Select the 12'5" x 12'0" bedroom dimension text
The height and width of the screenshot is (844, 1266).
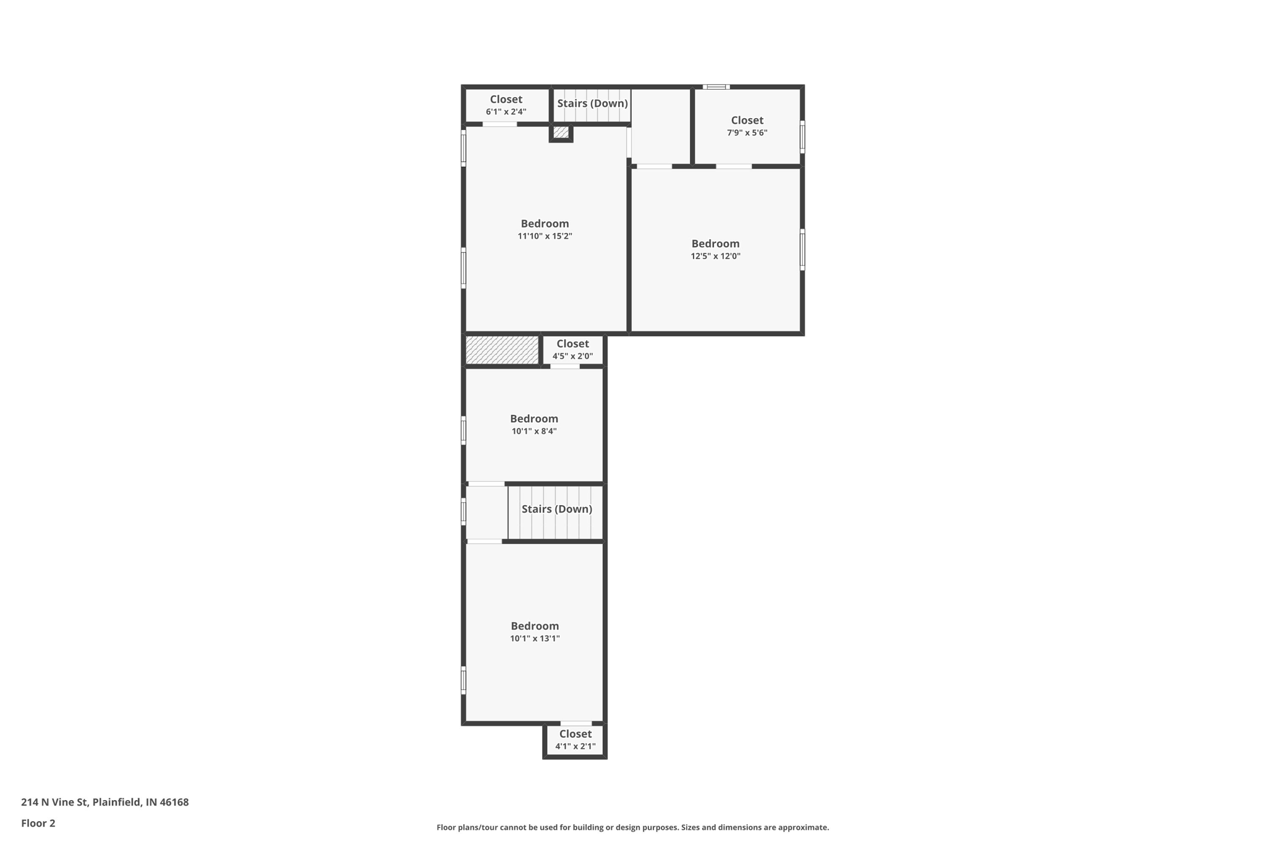[x=715, y=256]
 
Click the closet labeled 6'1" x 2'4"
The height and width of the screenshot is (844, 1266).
[x=506, y=105]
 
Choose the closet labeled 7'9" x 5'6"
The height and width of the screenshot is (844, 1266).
[x=747, y=126]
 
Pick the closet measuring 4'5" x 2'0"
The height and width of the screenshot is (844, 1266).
[x=572, y=349]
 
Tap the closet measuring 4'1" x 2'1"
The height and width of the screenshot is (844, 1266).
[x=575, y=740]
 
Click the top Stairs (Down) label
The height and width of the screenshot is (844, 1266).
[x=592, y=103]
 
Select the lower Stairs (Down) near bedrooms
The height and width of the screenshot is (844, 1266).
[x=556, y=509]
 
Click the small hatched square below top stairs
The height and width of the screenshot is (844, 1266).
[x=561, y=132]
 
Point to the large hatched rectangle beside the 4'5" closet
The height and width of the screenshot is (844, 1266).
[x=502, y=350]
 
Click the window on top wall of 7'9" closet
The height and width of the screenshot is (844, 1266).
[x=716, y=87]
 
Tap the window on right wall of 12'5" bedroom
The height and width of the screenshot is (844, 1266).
[x=802, y=250]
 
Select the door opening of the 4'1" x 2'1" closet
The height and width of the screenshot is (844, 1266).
[x=576, y=723]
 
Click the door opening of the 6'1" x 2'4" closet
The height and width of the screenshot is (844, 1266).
[x=499, y=124]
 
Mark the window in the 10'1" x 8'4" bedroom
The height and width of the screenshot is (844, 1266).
[x=464, y=430]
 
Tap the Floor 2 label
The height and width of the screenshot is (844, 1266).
[x=38, y=823]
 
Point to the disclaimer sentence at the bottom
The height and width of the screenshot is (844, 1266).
[x=632, y=827]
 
